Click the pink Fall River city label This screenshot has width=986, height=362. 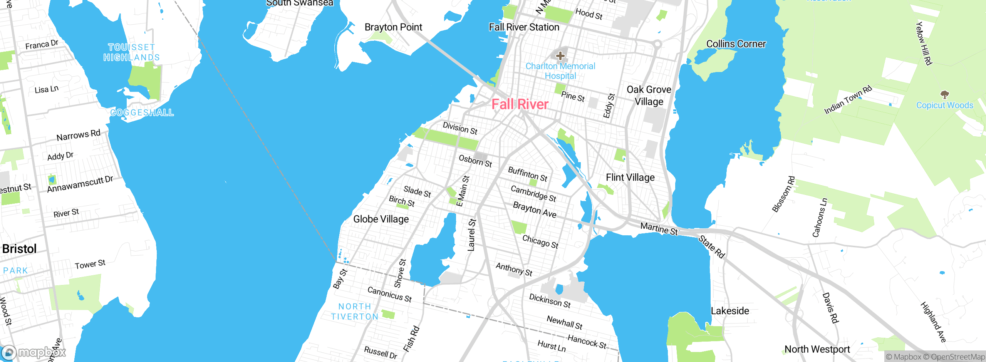pos(520,104)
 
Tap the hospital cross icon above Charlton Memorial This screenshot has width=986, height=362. pos(560,56)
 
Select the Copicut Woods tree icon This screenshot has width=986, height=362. pos(944,94)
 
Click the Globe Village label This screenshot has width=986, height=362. pos(381,219)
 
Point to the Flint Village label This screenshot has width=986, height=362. pos(630,178)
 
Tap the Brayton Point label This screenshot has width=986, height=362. pos(393,27)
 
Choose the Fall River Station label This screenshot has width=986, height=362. pos(524,27)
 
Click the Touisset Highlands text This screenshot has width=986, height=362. pos(131,52)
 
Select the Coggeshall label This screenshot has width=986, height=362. pos(142,113)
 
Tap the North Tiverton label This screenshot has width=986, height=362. pos(355,312)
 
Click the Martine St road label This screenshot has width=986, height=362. pos(659,228)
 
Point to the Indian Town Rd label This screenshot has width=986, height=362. pos(848,100)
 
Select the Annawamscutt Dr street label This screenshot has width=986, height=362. pos(80,184)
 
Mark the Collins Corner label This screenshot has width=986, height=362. pos(736,44)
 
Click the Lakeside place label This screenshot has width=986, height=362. pos(730,311)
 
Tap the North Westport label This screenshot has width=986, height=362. pos(817,349)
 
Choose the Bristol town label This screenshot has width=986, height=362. pos(19,249)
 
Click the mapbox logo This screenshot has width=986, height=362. pos(34,352)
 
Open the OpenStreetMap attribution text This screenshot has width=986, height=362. pos(954,357)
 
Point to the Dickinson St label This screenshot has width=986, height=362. pos(550,301)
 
